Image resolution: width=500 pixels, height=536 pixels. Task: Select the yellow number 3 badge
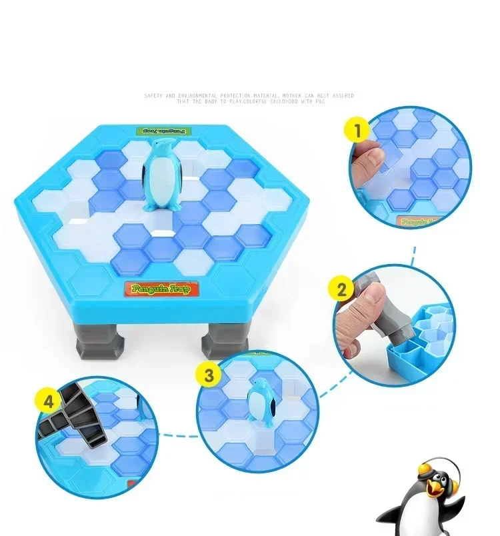tap(209, 375)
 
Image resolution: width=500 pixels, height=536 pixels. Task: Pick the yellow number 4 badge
tap(48, 403)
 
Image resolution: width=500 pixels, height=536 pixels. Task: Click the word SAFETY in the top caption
tap(155, 96)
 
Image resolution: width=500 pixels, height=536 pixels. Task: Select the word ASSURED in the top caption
tap(343, 96)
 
